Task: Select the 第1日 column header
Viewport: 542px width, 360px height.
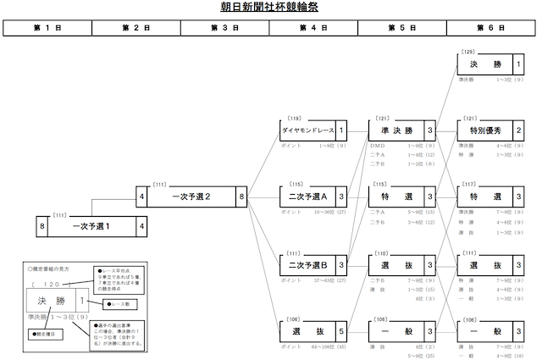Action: pyautogui.click(x=47, y=28)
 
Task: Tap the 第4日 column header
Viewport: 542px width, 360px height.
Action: pyautogui.click(x=313, y=28)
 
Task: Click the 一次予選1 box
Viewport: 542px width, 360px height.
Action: pyautogui.click(x=91, y=226)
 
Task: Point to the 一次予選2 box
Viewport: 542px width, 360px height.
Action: pyautogui.click(x=191, y=197)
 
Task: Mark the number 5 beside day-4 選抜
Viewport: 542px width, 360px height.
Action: pyautogui.click(x=341, y=330)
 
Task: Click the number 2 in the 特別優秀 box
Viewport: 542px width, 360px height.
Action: pyautogui.click(x=518, y=131)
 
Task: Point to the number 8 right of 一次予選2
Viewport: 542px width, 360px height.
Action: pyautogui.click(x=242, y=197)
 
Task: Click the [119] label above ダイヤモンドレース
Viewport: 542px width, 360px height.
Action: pyautogui.click(x=295, y=119)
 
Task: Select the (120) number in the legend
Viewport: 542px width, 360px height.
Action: pyautogui.click(x=43, y=286)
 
